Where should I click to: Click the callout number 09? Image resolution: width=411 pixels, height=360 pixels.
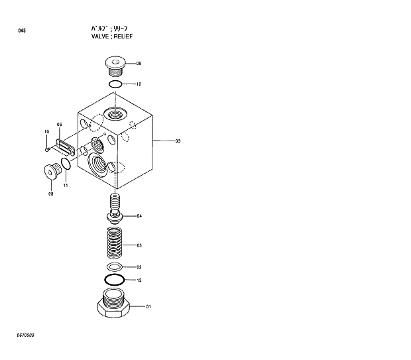tap(139, 64)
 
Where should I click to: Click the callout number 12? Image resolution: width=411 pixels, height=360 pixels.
tap(139, 84)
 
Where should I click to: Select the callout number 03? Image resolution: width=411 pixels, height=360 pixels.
tap(178, 141)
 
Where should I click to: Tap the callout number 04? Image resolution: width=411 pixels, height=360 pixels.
tap(139, 216)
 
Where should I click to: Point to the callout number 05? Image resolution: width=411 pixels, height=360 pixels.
tap(139, 245)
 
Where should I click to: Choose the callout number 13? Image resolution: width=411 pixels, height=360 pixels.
tap(139, 280)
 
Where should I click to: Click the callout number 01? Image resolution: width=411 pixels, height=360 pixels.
tap(148, 306)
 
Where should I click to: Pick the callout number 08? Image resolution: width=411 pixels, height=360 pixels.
tap(50, 194)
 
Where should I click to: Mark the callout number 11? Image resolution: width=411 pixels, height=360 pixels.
tap(66, 185)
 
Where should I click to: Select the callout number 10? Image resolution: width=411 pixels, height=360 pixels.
tap(46, 132)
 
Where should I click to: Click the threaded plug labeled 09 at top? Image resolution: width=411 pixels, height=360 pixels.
tap(115, 67)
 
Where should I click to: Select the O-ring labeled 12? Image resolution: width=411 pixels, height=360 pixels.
tap(115, 84)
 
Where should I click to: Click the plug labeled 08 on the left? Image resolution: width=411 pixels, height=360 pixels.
tap(51, 174)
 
